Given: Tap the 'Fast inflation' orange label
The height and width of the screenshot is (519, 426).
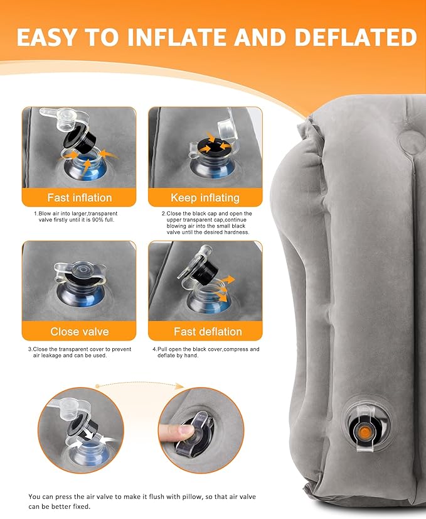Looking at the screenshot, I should pos(79,198).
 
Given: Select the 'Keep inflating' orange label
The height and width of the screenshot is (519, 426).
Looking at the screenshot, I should pos(205,198).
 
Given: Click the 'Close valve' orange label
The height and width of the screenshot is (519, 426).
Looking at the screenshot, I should pos(79,331).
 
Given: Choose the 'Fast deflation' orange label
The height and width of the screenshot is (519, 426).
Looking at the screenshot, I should pos(205,331).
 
